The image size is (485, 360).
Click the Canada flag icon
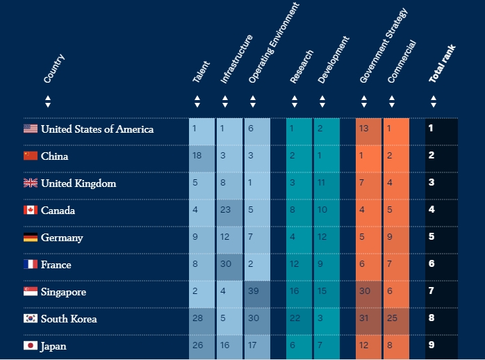tap(31, 210)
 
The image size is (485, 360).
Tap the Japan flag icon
tap(31, 345)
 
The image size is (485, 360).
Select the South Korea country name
tap(69, 319)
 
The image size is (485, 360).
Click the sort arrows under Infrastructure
tap(225, 101)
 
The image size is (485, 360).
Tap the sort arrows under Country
tap(48, 101)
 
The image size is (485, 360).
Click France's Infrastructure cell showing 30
tap(229, 265)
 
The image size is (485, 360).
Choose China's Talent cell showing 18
tap(202, 156)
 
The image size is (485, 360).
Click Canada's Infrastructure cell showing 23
tap(229, 211)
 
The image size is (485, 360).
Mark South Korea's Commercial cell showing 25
tap(396, 319)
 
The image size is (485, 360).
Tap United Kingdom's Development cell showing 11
tap(327, 183)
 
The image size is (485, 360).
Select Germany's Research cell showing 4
tap(299, 238)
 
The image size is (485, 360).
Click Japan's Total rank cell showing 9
tap(441, 345)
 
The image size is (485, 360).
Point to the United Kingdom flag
tap(31, 183)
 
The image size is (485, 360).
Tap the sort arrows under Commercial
tap(392, 101)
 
